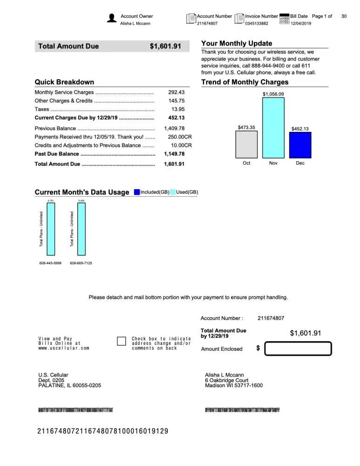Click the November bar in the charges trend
(273, 128)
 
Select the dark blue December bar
(300, 145)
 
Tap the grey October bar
(246, 144)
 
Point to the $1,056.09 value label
(273, 94)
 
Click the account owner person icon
(112, 19)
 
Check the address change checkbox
(122, 341)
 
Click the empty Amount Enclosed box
(298, 349)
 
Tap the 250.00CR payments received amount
(179, 137)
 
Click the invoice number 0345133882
(257, 23)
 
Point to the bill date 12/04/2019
(300, 23)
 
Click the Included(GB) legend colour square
(136, 192)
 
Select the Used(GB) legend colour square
(173, 192)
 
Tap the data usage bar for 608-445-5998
(51, 229)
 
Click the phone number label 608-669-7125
(81, 263)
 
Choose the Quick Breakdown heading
(64, 82)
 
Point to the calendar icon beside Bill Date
(284, 19)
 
